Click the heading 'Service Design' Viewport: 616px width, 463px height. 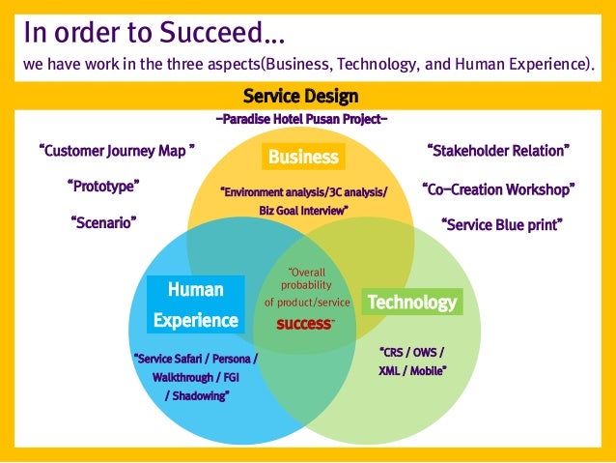pyautogui.click(x=301, y=97)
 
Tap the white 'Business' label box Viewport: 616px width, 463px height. pyautogui.click(x=303, y=157)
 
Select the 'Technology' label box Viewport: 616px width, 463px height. pyautogui.click(x=411, y=303)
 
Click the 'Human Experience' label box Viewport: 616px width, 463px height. pyautogui.click(x=195, y=304)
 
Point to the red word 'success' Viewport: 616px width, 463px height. pyautogui.click(x=304, y=324)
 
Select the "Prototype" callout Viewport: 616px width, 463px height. pyautogui.click(x=104, y=186)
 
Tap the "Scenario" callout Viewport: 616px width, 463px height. pyautogui.click(x=104, y=222)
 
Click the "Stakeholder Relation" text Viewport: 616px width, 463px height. pyautogui.click(x=498, y=151)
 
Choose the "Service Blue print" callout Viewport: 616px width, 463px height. pyautogui.click(x=501, y=224)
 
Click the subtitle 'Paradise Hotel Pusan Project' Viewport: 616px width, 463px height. pyautogui.click(x=301, y=120)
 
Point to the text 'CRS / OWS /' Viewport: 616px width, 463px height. pyautogui.click(x=412, y=352)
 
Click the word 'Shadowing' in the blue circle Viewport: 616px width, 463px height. pyautogui.click(x=199, y=394)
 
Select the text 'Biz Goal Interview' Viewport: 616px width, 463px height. pyautogui.click(x=303, y=210)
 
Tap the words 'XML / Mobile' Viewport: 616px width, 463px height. pyautogui.click(x=412, y=370)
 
